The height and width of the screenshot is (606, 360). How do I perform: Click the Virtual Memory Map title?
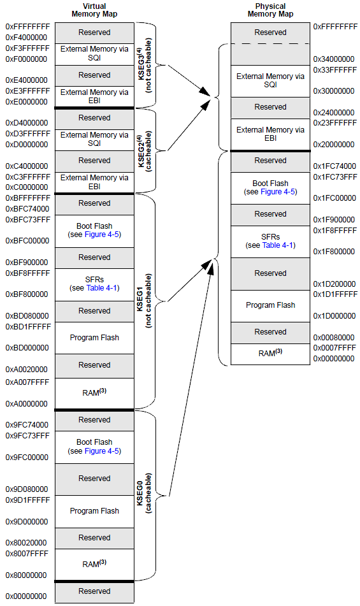coord(94,10)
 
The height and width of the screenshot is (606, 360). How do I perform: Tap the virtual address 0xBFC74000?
coord(27,209)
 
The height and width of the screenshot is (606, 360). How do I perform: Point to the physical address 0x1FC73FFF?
coord(335,177)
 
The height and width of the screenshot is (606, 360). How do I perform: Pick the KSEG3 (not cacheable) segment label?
coord(143,66)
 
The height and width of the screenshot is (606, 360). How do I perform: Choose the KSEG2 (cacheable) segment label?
coord(143,150)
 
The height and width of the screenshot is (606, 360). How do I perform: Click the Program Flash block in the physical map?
coord(270,305)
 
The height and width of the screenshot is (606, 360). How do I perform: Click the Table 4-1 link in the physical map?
coord(278,245)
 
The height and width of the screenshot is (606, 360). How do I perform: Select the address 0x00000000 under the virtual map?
coord(26,596)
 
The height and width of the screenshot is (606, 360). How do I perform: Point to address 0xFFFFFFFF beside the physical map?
coord(335,27)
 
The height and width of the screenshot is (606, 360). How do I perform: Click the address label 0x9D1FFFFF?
coord(27,500)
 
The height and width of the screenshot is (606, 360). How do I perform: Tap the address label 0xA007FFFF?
coord(27,381)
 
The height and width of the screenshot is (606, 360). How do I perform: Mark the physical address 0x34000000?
coord(335,59)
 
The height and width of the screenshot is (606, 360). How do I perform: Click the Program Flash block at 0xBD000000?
coord(94,338)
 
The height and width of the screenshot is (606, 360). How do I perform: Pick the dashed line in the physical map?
coord(270,43)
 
